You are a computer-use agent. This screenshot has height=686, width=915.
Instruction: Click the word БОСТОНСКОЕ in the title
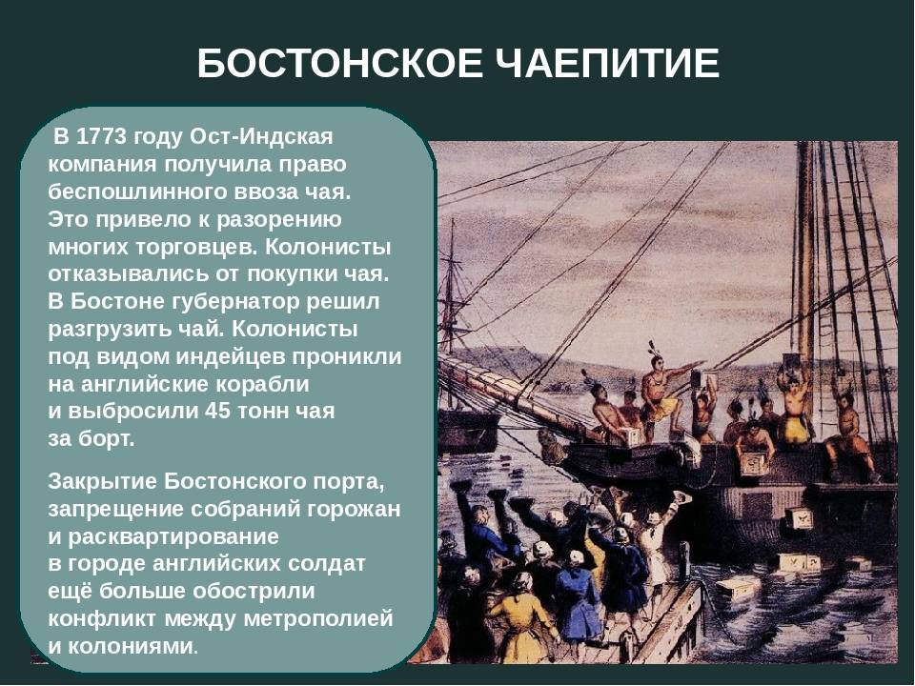coord(340,63)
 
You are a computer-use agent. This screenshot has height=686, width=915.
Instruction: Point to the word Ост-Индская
coord(262,137)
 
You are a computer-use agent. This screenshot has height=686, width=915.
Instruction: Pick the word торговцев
coord(196,248)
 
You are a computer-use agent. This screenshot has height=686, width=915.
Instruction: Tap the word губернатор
coord(235,302)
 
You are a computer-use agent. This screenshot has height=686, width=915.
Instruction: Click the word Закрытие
coord(102,482)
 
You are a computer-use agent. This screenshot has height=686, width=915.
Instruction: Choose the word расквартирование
coord(173,536)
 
